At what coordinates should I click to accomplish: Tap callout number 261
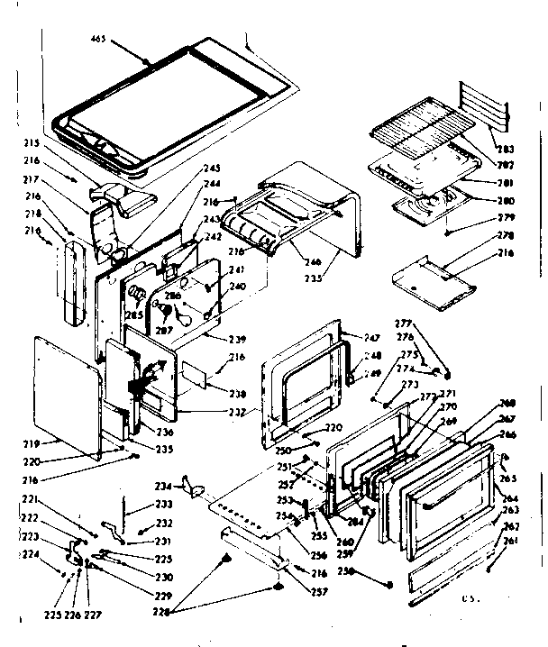pyautogui.click(x=511, y=541)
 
